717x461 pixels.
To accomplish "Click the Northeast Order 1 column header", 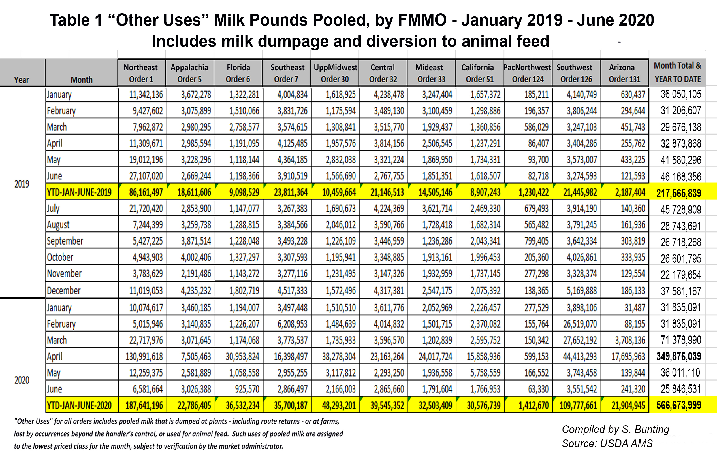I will (x=141, y=73).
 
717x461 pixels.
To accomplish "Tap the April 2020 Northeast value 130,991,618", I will (x=144, y=356).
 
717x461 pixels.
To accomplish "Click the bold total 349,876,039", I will (x=678, y=356).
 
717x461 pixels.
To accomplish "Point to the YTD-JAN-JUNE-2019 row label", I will (x=79, y=192).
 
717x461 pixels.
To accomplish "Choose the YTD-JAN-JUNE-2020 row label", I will (x=79, y=406).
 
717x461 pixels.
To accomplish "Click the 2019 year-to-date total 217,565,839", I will (x=678, y=193).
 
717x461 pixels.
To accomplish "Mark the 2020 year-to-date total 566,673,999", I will (x=678, y=406).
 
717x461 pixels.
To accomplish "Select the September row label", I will (x=65, y=241).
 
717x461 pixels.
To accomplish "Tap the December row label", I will (x=64, y=291).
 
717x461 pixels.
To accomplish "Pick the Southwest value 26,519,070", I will (x=580, y=324).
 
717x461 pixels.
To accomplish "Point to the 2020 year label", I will (x=22, y=381).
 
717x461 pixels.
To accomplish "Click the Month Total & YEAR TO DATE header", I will (x=677, y=73).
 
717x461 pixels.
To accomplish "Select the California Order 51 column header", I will (x=479, y=73).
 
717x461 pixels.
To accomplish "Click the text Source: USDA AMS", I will (x=607, y=444).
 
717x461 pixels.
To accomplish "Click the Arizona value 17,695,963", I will (x=628, y=356).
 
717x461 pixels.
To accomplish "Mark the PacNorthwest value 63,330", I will (x=538, y=389).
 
